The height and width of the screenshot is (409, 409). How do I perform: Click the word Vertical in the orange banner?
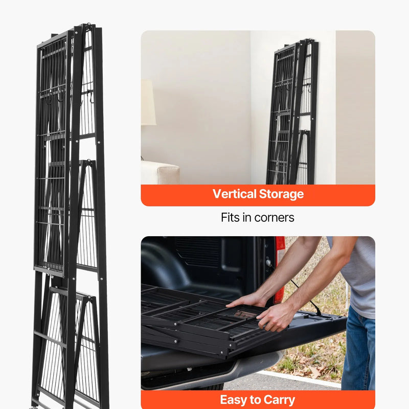point(234,194)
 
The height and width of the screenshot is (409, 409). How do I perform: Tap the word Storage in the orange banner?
point(282,195)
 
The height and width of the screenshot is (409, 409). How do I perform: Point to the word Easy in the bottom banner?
point(234,400)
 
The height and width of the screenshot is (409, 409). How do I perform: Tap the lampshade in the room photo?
point(148,103)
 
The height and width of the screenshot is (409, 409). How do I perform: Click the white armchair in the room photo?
point(160,172)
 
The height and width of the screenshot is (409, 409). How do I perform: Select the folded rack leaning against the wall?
point(292,112)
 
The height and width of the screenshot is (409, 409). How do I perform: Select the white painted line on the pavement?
point(300,377)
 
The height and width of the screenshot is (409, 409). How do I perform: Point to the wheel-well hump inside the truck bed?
point(164,263)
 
